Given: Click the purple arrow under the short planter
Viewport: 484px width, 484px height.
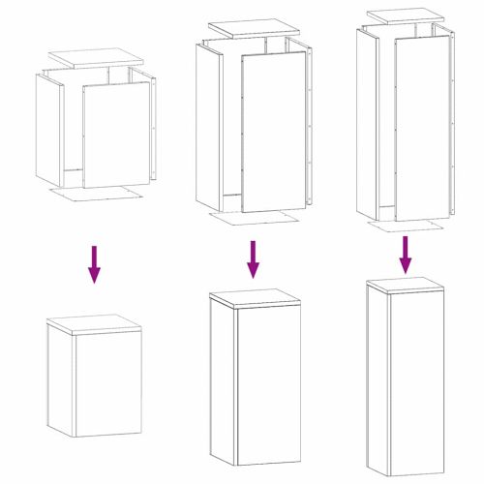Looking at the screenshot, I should click(94, 263).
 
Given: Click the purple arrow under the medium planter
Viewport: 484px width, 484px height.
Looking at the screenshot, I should click(253, 258).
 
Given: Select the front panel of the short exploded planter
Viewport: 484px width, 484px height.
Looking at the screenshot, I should click(116, 133).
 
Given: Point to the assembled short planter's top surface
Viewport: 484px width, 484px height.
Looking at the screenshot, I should click(94, 324).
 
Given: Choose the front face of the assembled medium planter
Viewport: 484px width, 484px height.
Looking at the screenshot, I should click(268, 382).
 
